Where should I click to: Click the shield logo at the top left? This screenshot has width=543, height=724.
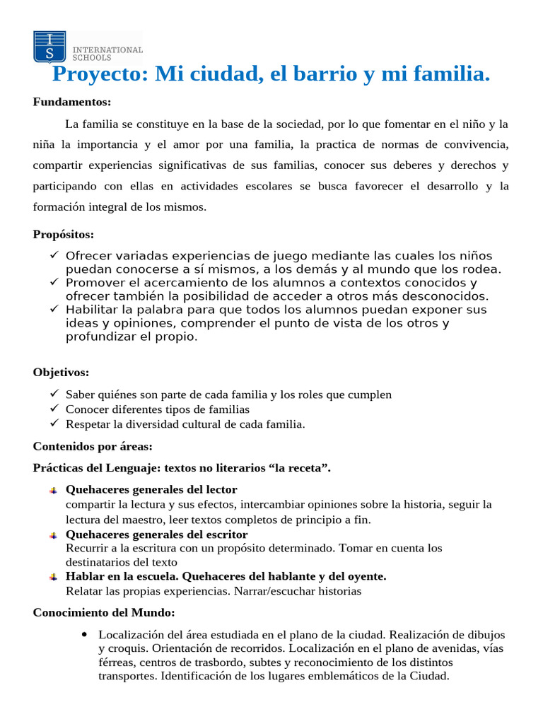(49, 47)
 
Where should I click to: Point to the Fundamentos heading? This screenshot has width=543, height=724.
(72, 102)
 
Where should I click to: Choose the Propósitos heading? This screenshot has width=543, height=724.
(64, 234)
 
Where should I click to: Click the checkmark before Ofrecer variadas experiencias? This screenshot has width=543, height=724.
(54, 255)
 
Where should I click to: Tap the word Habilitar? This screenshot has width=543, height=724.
(91, 309)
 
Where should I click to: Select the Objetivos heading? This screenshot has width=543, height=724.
(62, 373)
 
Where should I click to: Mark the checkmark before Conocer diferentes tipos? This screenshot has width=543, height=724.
(54, 409)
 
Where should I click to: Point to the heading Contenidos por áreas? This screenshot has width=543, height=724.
(93, 446)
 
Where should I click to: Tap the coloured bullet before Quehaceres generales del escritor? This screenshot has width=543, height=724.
(54, 535)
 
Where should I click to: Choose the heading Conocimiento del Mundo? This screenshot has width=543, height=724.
(104, 612)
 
